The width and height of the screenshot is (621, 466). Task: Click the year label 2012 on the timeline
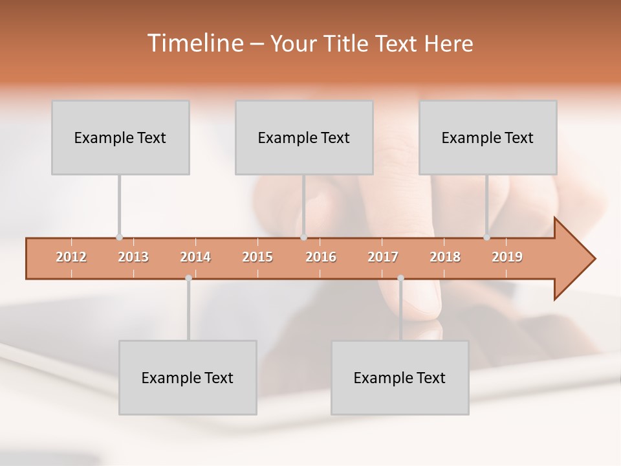click(x=71, y=257)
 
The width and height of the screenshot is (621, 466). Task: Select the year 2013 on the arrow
click(x=133, y=257)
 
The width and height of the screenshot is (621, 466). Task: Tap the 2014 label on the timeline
click(x=195, y=257)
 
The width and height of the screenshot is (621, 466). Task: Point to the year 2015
click(x=257, y=257)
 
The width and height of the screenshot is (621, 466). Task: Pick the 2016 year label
click(x=321, y=257)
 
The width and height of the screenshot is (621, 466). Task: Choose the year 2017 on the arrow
click(x=383, y=257)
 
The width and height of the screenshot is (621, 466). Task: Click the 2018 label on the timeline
click(x=445, y=257)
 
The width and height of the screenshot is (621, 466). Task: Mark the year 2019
click(x=507, y=257)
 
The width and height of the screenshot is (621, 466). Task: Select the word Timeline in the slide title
click(x=193, y=43)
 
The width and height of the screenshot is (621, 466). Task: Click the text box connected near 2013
click(x=120, y=138)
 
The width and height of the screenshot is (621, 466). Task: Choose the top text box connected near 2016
click(x=304, y=138)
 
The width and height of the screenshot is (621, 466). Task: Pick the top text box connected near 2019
click(x=488, y=138)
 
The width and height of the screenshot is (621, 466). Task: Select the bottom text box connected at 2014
click(x=188, y=377)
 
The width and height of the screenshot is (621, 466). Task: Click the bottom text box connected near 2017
click(x=400, y=377)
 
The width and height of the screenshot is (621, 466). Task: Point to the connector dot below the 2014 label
click(x=188, y=278)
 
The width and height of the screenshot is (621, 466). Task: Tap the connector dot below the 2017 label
click(x=400, y=278)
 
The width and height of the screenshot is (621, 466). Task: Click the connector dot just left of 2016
click(x=303, y=238)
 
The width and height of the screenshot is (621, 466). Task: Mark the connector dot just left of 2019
click(x=487, y=238)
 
